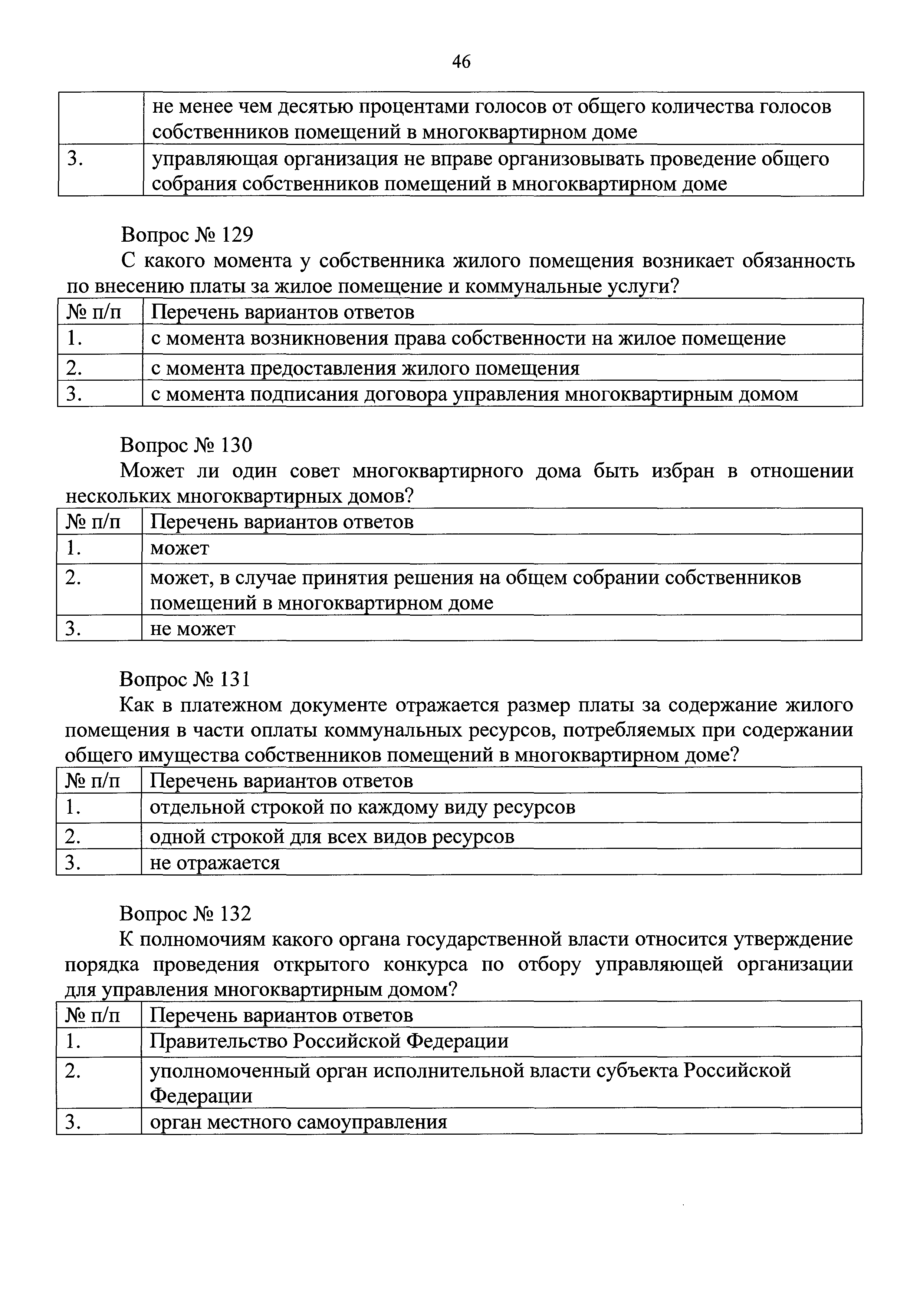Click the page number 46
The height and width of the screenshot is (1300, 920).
461,62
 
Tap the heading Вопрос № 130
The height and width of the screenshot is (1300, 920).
186,445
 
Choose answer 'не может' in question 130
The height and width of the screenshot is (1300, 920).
193,628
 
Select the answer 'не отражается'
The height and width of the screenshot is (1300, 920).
215,862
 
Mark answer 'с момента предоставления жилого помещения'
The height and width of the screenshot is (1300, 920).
365,368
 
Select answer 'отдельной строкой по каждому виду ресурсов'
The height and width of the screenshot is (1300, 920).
362,807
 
